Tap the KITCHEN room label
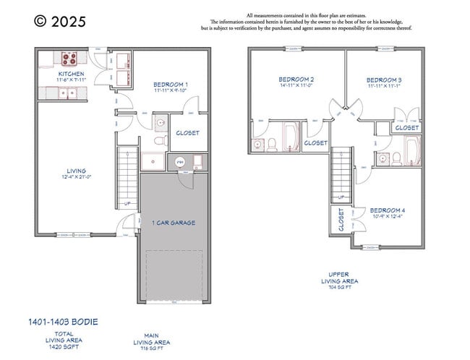tap(71, 74)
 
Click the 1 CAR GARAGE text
tap(174, 223)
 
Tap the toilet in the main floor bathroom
tap(160, 124)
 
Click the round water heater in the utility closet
tap(181, 162)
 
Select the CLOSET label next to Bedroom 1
tap(187, 133)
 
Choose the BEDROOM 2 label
tap(296, 79)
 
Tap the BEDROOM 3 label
tap(384, 80)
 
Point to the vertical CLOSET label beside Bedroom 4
tap(341, 220)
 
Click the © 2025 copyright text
tap(60, 22)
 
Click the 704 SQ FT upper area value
tap(339, 287)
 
